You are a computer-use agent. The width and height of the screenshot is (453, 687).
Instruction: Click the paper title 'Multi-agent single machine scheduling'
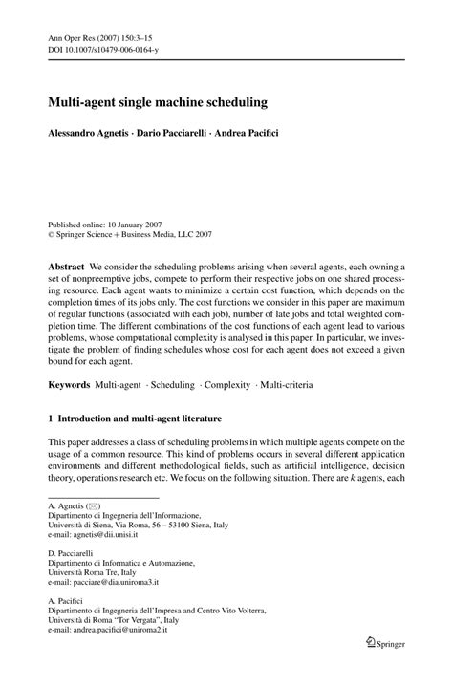click(x=159, y=99)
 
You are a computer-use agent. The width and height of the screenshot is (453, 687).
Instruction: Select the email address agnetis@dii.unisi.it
click(x=108, y=540)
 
